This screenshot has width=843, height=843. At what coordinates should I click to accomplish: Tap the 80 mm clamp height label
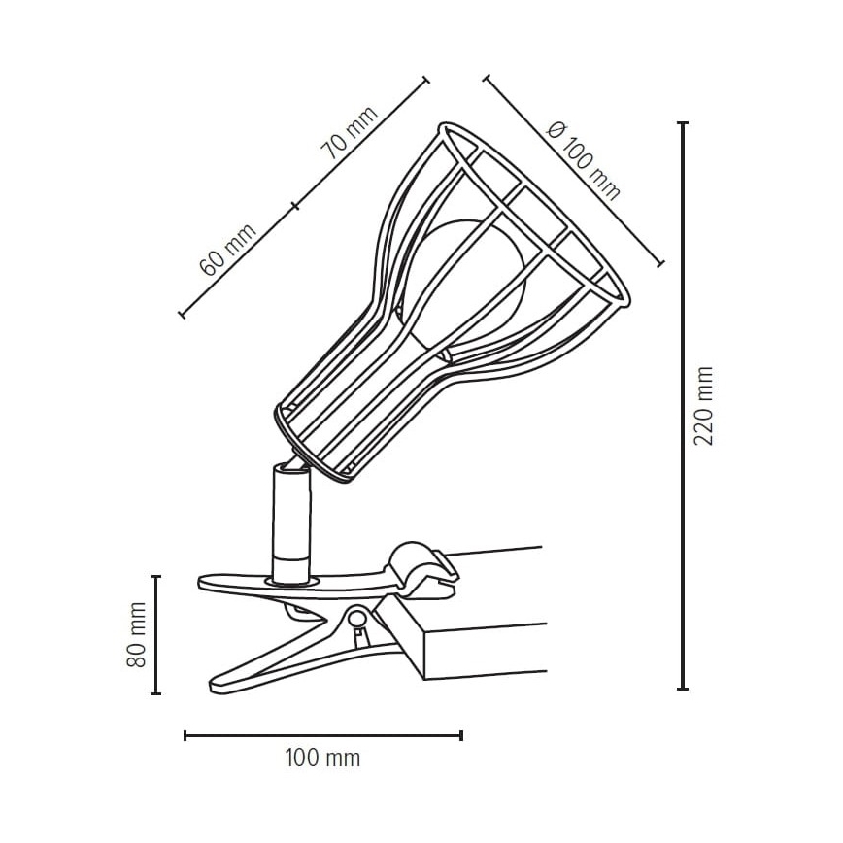[x=136, y=634]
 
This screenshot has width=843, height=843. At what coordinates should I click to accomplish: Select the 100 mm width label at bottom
[x=322, y=759]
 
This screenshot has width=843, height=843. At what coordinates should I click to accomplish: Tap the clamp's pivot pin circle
[x=358, y=617]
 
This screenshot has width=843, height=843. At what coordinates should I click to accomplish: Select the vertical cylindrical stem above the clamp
[x=289, y=524]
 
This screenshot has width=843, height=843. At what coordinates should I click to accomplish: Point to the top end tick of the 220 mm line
[x=683, y=124]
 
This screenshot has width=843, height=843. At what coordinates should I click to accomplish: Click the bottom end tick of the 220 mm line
[x=683, y=689]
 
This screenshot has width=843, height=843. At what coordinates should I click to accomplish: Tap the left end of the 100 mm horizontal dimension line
[x=185, y=735]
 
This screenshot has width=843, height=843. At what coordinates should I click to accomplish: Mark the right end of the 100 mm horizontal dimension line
[x=461, y=735]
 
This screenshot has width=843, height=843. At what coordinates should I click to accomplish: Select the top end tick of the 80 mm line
[x=155, y=577]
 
